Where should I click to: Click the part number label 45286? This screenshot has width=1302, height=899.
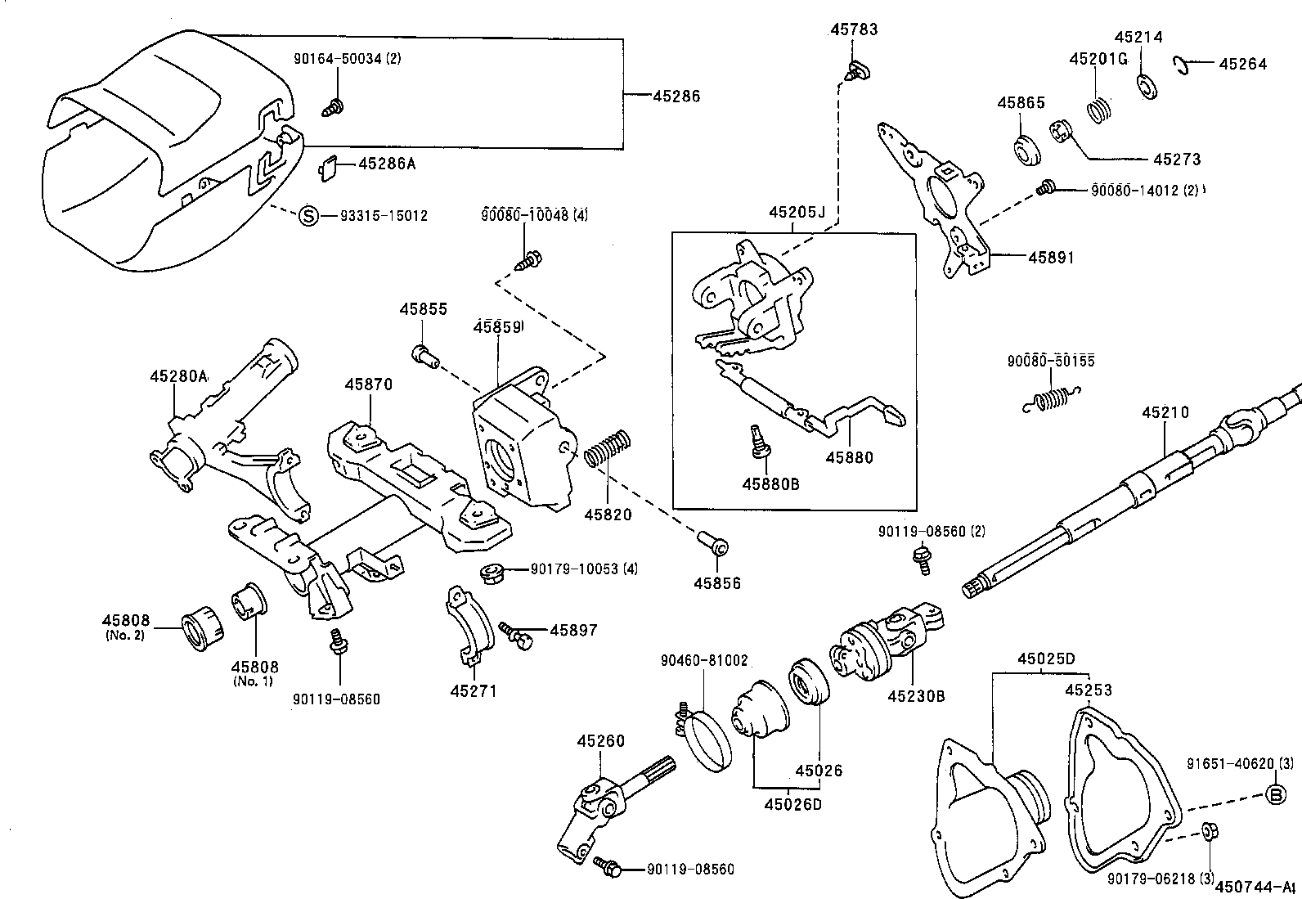(x=676, y=97)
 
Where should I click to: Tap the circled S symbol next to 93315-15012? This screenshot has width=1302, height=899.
(x=308, y=216)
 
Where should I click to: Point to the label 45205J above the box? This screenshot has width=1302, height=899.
(x=797, y=213)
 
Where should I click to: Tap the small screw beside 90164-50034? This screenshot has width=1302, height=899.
(x=334, y=106)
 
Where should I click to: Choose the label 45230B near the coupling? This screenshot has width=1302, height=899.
(x=916, y=696)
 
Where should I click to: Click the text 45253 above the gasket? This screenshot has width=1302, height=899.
(x=1089, y=690)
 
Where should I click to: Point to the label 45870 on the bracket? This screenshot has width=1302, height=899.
(x=368, y=384)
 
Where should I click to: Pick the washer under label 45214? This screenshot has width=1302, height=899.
(x=1147, y=86)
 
